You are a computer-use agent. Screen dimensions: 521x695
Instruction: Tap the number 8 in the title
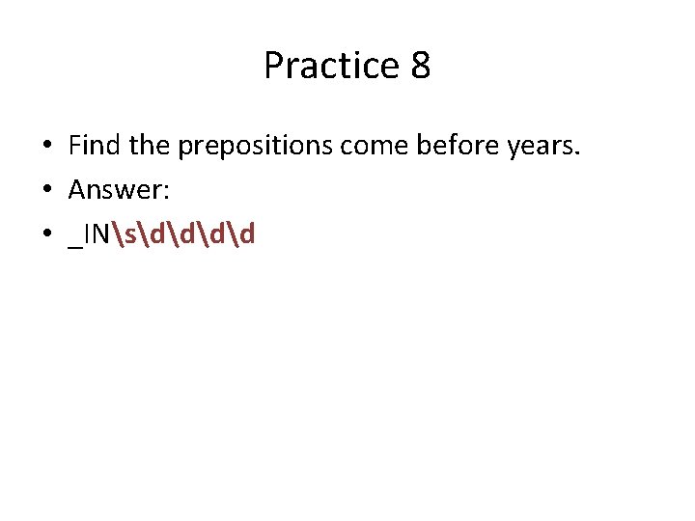(x=420, y=67)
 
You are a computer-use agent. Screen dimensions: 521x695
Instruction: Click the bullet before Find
(x=46, y=148)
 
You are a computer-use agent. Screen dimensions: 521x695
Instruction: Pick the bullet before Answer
(x=46, y=191)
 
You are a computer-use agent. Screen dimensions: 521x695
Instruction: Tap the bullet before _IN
(x=46, y=234)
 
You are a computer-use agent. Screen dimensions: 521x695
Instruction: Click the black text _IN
(x=89, y=234)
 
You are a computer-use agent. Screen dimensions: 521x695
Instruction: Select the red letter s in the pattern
(x=127, y=234)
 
